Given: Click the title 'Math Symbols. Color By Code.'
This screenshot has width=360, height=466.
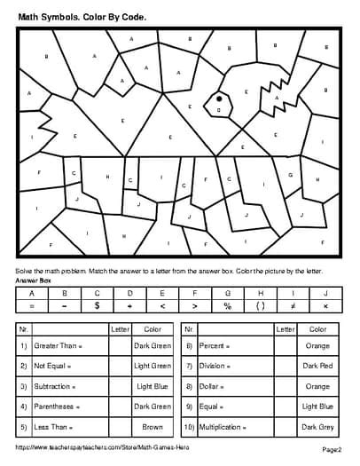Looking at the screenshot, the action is pos(82,15).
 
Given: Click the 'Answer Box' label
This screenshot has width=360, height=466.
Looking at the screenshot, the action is pos(34,280).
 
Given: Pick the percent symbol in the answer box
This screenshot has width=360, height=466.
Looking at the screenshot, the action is pos(227,305).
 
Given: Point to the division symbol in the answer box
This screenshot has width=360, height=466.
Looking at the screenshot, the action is pos(129,305).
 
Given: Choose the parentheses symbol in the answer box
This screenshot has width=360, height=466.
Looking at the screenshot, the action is pos(260,305).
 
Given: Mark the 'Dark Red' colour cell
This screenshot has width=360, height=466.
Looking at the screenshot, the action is pos(317,365).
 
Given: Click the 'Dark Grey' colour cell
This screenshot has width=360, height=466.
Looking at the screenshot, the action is pos(317,426).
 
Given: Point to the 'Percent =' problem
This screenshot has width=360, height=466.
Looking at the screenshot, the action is pos(216,344).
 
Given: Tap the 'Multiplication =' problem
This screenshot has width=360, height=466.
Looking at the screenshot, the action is pos(225,426).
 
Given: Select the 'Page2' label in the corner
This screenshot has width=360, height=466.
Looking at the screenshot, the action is pos(332,450).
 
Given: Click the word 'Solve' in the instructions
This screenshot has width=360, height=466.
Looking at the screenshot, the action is pos(26,270).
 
